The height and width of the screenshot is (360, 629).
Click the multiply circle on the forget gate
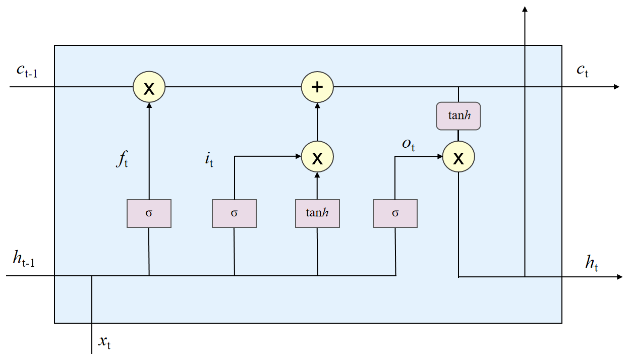pos(149,87)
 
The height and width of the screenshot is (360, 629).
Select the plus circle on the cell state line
pos(317,87)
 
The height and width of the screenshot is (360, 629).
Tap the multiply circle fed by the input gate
pos(317,157)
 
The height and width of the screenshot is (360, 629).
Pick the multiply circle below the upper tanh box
pos(459,157)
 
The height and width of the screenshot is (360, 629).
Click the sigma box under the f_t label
pos(149,213)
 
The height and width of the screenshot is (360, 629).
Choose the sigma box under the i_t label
pos(234,213)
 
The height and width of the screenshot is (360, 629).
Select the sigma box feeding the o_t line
pos(395,213)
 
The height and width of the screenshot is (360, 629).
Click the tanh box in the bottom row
pos(317,213)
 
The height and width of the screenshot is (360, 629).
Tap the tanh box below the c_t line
pos(459,116)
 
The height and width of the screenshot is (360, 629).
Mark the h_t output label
pos(592,262)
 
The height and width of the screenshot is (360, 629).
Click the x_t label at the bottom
pos(104,343)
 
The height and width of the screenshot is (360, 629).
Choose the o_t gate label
pos(408,144)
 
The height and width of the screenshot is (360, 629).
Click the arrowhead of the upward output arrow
pos(525,9)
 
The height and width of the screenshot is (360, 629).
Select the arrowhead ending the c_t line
pos(616,87)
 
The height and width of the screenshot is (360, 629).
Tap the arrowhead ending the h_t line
pos(619,277)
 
